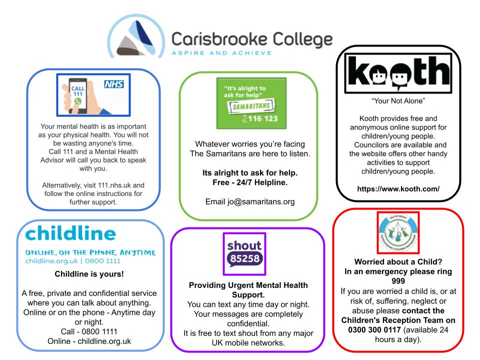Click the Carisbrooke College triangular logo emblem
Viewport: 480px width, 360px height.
click(135, 37)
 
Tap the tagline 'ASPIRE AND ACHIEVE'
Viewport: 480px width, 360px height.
click(221, 53)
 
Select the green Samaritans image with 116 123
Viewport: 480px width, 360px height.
click(251, 103)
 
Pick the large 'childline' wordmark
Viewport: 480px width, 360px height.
click(70, 233)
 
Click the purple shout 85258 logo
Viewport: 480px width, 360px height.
click(244, 254)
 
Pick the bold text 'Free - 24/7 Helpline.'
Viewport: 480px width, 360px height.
click(248, 182)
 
